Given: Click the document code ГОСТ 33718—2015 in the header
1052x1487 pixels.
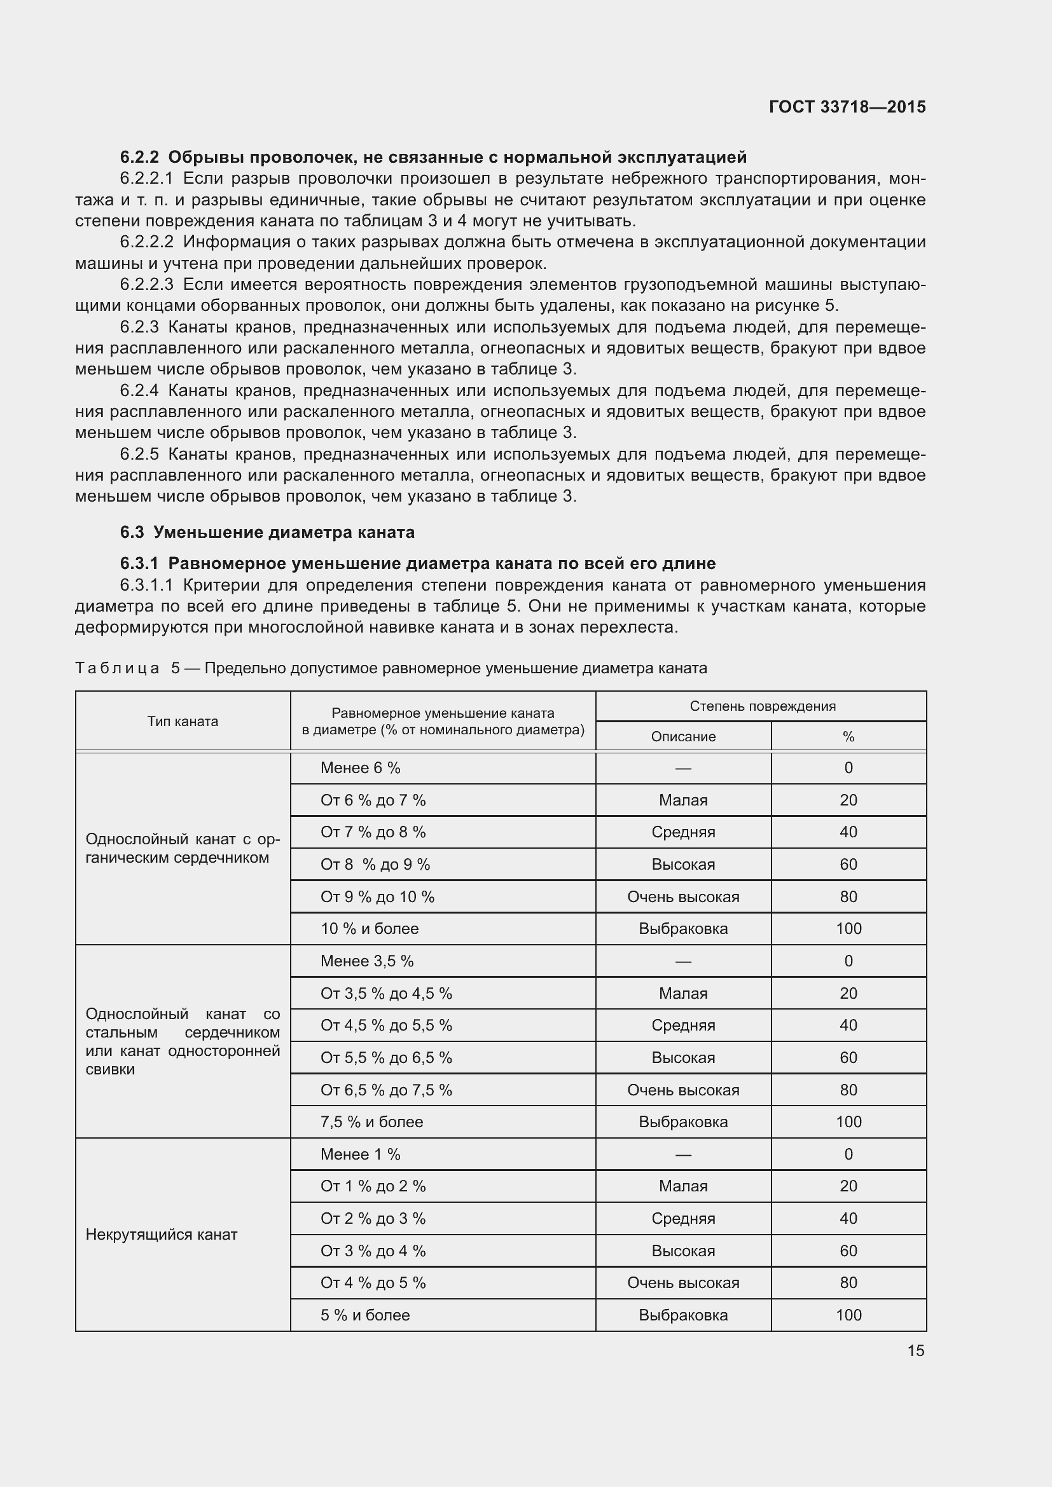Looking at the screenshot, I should (x=847, y=107).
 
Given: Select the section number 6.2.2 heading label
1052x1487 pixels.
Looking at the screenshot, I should (x=139, y=158).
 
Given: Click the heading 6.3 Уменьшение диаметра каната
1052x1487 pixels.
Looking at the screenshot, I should (x=267, y=532).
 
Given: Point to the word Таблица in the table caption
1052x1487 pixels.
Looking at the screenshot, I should (x=117, y=668).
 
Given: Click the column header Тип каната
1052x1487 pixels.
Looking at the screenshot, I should (x=183, y=722).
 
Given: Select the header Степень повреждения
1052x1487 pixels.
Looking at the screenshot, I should (x=762, y=706).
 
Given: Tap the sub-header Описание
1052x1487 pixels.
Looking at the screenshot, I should (x=682, y=736).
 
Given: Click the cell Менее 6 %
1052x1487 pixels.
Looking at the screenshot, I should (x=360, y=768).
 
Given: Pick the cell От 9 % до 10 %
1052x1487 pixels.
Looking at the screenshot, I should (x=377, y=897).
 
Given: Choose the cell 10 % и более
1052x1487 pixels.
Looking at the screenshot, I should (x=370, y=929).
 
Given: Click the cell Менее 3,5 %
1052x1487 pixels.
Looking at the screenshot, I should (x=366, y=961).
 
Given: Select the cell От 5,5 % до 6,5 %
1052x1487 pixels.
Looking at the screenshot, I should (x=386, y=1058).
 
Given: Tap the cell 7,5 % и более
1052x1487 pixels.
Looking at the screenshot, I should (x=371, y=1121).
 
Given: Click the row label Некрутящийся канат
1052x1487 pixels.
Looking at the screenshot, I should (x=162, y=1235).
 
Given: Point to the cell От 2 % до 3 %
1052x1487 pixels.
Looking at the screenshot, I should (x=373, y=1218).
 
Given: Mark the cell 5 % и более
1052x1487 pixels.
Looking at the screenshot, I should (x=364, y=1315).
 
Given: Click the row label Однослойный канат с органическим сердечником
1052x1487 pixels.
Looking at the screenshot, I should (x=183, y=849).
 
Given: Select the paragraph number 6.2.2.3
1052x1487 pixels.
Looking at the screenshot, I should (x=147, y=284).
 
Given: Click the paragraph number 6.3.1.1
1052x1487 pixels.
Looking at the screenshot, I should (x=147, y=586).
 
